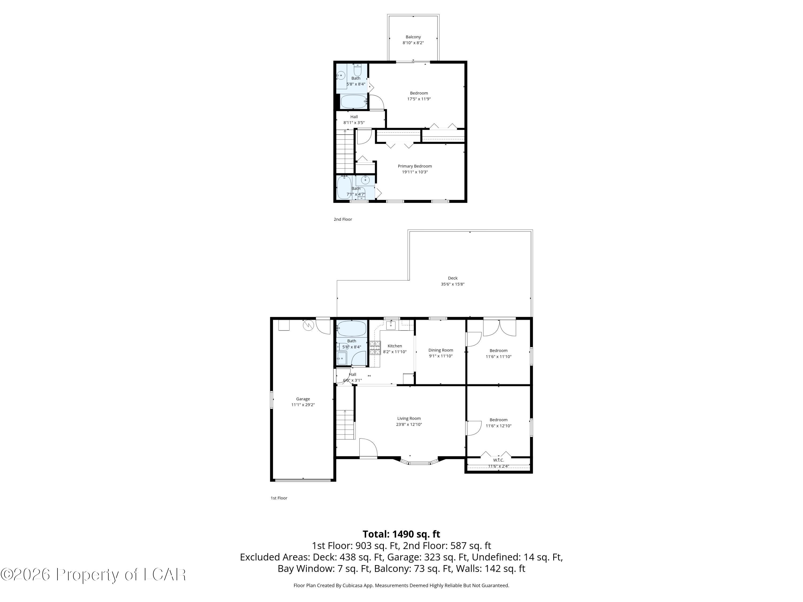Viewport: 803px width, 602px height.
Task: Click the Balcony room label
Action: [x=413, y=37]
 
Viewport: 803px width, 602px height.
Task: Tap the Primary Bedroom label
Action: [x=415, y=166]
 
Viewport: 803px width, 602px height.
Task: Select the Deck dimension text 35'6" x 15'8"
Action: [x=452, y=284]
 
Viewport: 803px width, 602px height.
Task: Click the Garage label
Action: [x=303, y=399]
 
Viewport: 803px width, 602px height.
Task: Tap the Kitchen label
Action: [x=395, y=346]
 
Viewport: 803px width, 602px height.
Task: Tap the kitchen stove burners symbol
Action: [x=375, y=347]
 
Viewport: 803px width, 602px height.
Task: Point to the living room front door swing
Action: [x=368, y=448]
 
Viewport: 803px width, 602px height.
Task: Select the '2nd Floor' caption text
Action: [x=343, y=219]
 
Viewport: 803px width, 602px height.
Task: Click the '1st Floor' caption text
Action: [x=279, y=498]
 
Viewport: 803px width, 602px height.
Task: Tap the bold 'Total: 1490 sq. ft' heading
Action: [x=401, y=534]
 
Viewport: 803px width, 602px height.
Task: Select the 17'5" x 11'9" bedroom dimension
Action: [x=419, y=99]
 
